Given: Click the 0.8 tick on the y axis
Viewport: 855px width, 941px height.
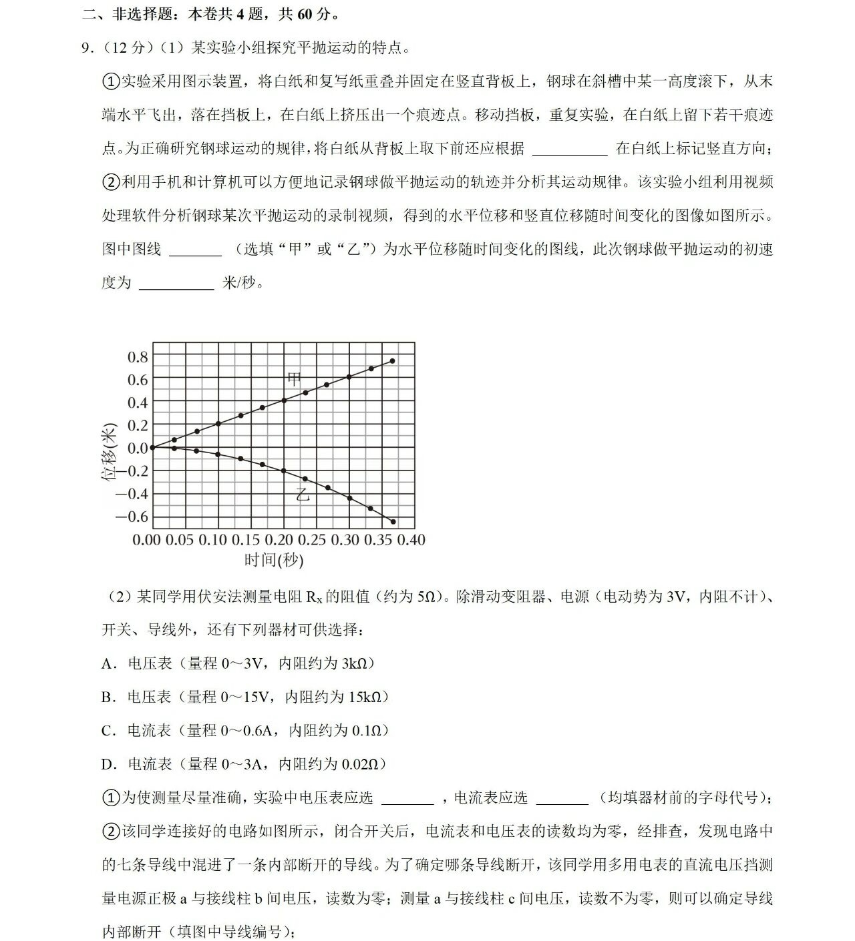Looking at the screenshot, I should (138, 357).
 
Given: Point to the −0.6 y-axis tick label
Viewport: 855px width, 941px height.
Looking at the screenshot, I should (132, 517).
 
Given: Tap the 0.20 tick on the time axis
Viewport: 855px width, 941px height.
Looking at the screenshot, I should (279, 539).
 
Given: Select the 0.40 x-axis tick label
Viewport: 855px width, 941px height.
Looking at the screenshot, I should (411, 539).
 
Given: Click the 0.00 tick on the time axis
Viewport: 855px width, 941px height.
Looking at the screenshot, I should (147, 539).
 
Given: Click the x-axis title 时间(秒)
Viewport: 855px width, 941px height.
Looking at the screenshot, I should (274, 559).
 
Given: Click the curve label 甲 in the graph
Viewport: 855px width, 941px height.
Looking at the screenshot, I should (294, 378).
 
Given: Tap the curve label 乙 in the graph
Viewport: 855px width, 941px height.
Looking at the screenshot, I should (303, 495).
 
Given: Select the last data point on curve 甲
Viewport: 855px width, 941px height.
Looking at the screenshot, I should (392, 361).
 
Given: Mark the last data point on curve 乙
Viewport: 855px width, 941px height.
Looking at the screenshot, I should (393, 521).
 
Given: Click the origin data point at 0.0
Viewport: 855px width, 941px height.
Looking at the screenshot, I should (153, 447).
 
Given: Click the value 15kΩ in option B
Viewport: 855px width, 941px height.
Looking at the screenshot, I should (363, 697).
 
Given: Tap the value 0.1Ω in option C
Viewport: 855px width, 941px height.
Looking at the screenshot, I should (365, 731).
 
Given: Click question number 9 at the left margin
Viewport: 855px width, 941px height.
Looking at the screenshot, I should (85, 48).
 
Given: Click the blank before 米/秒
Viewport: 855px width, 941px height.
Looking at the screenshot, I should (176, 284).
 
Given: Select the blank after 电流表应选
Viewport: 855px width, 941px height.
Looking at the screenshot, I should (562, 798).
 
